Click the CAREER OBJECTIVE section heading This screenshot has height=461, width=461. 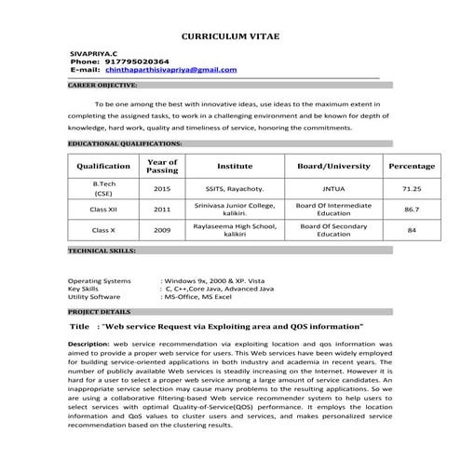(103, 85)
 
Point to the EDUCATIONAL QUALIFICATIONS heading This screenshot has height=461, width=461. (125, 144)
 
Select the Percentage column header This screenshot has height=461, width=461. (411, 166)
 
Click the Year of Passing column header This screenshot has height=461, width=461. (162, 166)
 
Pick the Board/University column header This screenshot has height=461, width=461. (333, 166)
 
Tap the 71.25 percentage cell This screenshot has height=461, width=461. (411, 188)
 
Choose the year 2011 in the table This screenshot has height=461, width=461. (162, 210)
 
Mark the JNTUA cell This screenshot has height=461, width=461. (333, 188)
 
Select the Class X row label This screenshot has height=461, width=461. (103, 230)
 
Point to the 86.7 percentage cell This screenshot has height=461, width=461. (411, 210)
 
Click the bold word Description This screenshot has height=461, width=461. (88, 344)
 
